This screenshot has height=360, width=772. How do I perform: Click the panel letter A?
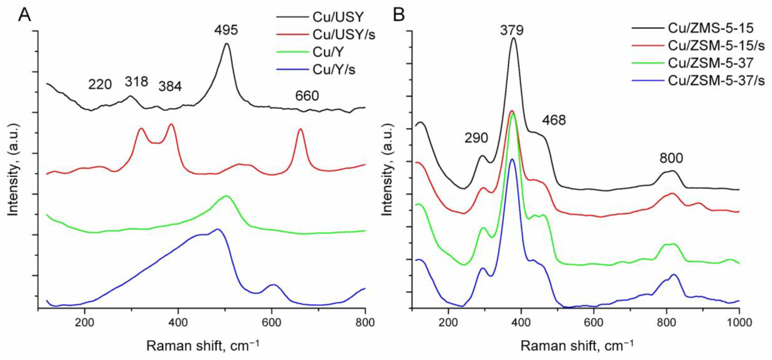(25, 15)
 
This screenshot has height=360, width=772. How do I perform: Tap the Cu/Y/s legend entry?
(334, 70)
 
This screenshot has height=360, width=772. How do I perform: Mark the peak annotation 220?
(100, 85)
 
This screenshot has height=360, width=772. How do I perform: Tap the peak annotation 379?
(512, 30)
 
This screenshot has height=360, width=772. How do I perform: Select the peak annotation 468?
(554, 120)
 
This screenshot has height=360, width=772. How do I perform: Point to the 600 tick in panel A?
(272, 323)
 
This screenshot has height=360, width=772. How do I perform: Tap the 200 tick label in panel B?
(448, 323)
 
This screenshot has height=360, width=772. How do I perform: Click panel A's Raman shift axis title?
(203, 346)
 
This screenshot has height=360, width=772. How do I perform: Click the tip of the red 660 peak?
(300, 129)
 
